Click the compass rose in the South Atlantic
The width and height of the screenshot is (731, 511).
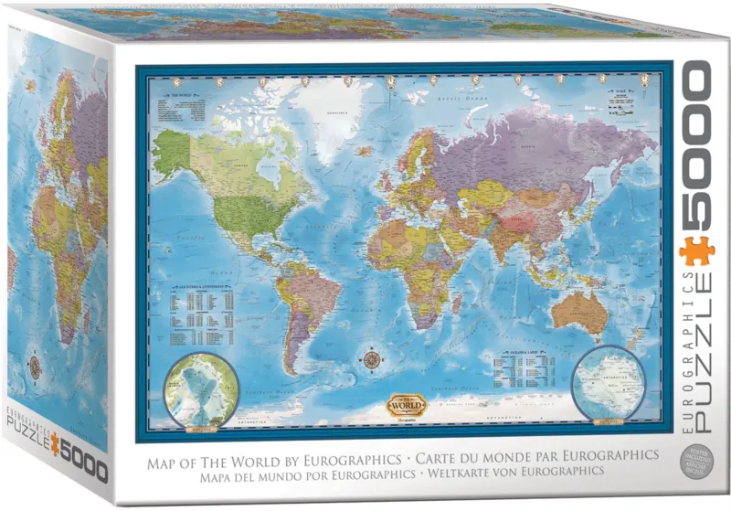coord(372,357)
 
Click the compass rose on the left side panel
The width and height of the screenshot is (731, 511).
coord(35,366)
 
